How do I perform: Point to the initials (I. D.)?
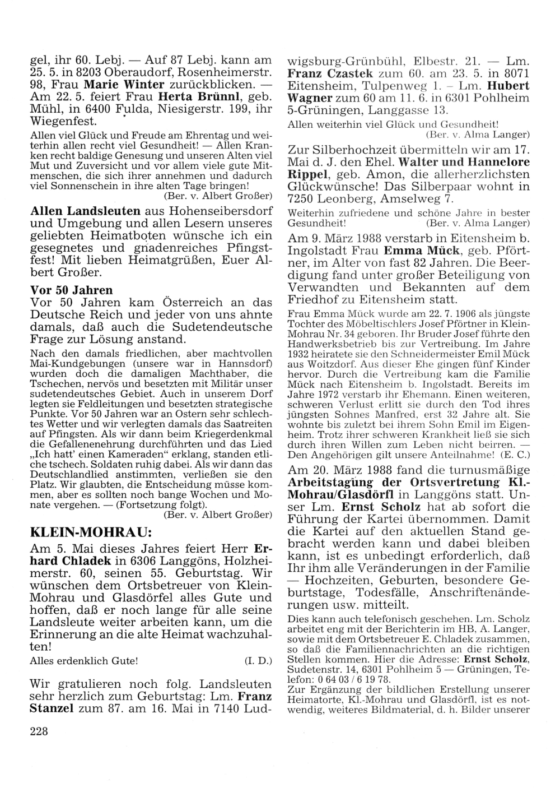258,661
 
